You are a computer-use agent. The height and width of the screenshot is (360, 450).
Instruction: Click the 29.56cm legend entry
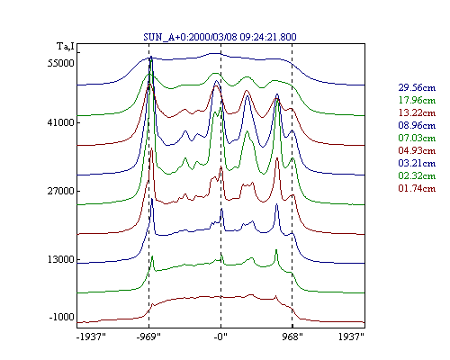pyautogui.click(x=417, y=87)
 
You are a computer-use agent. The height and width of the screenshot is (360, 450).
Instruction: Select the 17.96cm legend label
pyautogui.click(x=417, y=100)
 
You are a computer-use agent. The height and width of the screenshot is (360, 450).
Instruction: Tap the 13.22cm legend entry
pyautogui.click(x=417, y=112)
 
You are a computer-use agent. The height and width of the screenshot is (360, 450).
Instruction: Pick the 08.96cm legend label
pyautogui.click(x=417, y=125)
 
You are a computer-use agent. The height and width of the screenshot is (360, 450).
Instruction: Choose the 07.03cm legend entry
pyautogui.click(x=417, y=138)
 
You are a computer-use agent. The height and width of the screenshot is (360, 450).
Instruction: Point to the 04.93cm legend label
pyautogui.click(x=417, y=150)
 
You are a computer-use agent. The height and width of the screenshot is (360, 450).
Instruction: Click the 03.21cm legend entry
pyautogui.click(x=417, y=163)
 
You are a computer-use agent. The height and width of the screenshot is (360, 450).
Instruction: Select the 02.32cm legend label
pyautogui.click(x=417, y=175)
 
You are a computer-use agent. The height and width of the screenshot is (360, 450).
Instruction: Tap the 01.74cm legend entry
pyautogui.click(x=417, y=188)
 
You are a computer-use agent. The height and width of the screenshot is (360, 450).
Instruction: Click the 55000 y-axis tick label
pyautogui.click(x=60, y=63)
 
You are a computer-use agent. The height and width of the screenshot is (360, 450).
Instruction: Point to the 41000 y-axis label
pyautogui.click(x=60, y=122)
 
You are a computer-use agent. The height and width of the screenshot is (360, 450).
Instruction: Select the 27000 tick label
pyautogui.click(x=60, y=191)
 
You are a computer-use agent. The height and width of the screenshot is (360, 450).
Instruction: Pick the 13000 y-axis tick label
pyautogui.click(x=60, y=259)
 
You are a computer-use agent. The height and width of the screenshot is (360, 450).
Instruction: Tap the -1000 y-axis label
pyautogui.click(x=61, y=317)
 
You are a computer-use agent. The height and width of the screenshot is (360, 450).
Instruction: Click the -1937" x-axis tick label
pyautogui.click(x=91, y=337)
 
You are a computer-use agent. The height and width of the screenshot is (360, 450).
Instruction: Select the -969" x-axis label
pyautogui.click(x=148, y=337)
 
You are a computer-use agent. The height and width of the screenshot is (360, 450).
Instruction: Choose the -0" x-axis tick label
pyautogui.click(x=220, y=337)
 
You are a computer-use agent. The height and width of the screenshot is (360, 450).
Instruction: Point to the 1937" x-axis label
pyautogui.click(x=351, y=337)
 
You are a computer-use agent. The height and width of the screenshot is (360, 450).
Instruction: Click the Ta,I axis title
pyautogui.click(x=66, y=47)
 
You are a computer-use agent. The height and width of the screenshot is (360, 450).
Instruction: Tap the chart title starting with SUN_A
pyautogui.click(x=220, y=37)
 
